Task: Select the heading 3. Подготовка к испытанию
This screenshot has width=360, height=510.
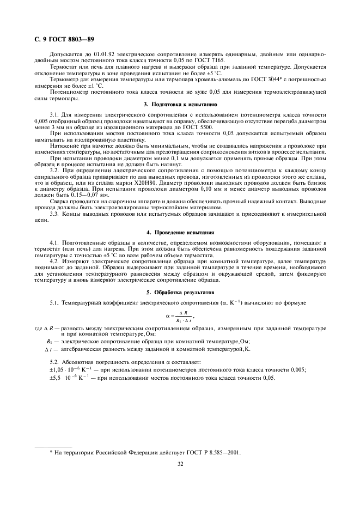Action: [x=180, y=104]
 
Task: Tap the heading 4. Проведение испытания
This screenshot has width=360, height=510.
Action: [x=180, y=233]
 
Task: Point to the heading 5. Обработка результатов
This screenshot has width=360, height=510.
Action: [x=180, y=292]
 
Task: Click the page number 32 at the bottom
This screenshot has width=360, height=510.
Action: [x=180, y=464]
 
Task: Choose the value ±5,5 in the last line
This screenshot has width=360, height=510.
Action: [x=57, y=377]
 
